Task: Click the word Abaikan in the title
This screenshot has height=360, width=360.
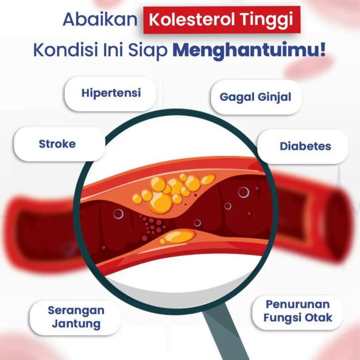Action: pos(100,19)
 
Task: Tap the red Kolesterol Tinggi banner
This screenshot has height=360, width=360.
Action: pos(222,20)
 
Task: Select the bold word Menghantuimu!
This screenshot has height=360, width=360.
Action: pos(249,50)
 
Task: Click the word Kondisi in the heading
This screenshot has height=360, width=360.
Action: pos(66,50)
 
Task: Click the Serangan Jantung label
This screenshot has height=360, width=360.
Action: pos(75,317)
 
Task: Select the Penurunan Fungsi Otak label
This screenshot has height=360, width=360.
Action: pos(298,312)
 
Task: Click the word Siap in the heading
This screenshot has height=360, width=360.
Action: pos(148,51)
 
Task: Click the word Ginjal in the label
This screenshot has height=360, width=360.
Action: pos(274,97)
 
